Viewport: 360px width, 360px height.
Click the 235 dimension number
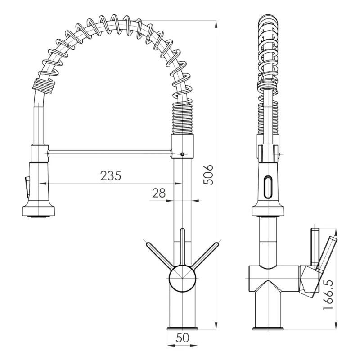click(x=110, y=175)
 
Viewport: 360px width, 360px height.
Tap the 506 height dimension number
click(x=208, y=175)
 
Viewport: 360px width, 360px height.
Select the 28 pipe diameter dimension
click(x=159, y=193)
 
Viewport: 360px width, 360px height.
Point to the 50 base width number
click(x=183, y=337)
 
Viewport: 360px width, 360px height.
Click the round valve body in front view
click(x=182, y=279)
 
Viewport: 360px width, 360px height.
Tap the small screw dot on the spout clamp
click(x=182, y=154)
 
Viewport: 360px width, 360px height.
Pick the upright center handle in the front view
click(x=182, y=247)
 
